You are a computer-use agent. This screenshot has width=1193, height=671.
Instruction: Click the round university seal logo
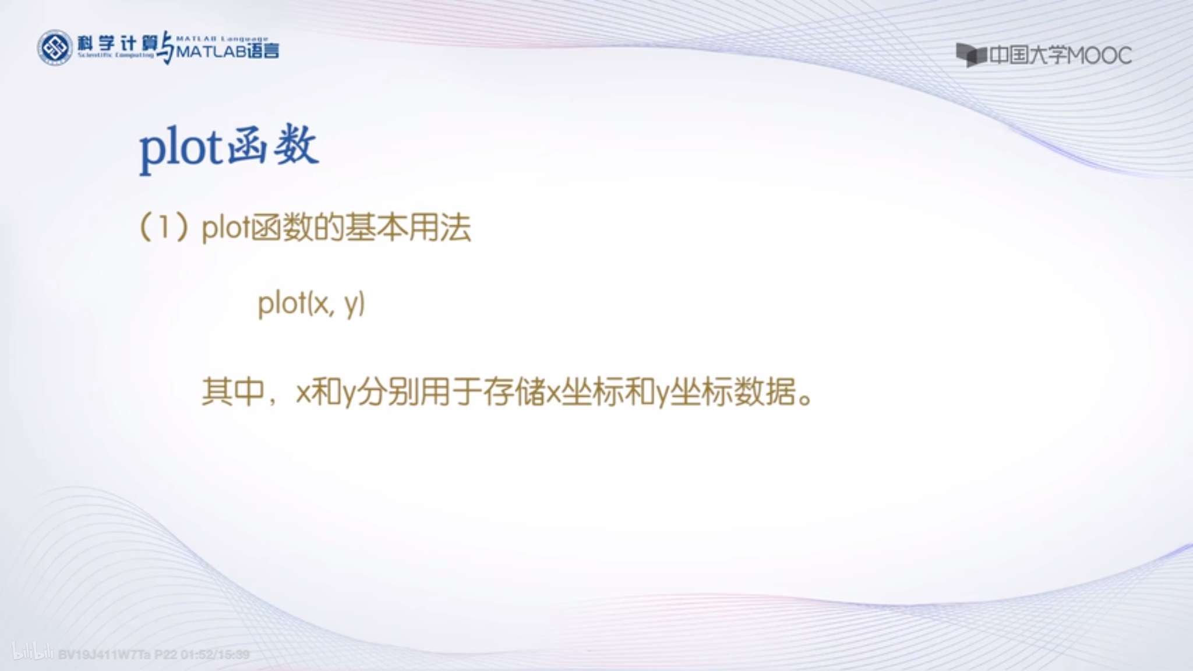[55, 48]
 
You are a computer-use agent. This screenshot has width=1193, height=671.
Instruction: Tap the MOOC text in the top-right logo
[1100, 56]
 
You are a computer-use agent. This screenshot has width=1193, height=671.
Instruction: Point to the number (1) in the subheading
[164, 227]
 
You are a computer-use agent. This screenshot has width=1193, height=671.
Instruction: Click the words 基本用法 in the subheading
[408, 227]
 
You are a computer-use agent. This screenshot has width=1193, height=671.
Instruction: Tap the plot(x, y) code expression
[312, 304]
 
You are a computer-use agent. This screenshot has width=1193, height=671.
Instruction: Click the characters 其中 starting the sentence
[233, 392]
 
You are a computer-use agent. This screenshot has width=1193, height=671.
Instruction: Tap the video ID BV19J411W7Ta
[105, 655]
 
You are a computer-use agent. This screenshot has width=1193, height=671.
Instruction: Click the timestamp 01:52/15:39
[215, 655]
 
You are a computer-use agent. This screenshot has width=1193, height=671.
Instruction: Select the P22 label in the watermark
[165, 655]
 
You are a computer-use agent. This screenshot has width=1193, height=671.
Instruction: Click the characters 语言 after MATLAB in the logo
[263, 51]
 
